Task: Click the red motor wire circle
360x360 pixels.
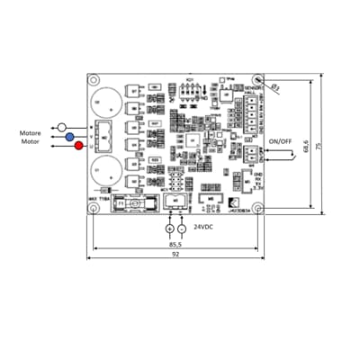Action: click(79, 146)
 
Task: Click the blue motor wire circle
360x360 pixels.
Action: click(69, 136)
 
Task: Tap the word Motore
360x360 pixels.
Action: click(31, 132)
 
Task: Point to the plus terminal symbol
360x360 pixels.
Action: click(169, 228)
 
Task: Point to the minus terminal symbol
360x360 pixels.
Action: click(184, 228)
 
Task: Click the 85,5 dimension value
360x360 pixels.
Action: click(175, 244)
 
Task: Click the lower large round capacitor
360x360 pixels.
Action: click(103, 168)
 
